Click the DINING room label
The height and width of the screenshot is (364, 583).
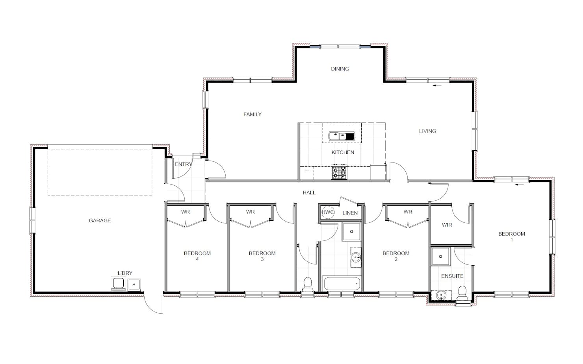340,69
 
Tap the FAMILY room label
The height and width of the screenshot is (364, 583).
253,115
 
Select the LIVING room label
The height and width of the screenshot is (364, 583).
428,131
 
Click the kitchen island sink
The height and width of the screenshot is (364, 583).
342,136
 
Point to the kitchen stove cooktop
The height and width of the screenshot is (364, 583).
339,172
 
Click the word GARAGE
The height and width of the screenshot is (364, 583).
100,220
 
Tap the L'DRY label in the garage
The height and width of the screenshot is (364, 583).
125,273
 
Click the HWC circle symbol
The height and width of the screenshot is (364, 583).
328,212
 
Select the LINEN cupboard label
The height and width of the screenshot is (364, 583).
350,213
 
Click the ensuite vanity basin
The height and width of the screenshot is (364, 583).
441,295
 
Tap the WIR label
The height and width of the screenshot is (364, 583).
447,225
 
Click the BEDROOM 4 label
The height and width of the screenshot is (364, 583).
197,256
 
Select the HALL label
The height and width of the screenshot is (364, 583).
309,193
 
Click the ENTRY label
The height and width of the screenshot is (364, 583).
184,164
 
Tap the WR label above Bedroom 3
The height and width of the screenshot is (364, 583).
251,212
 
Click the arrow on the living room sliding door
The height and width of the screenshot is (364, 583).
437,85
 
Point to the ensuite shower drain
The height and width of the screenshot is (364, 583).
441,256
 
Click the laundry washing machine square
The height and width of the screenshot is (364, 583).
118,283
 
